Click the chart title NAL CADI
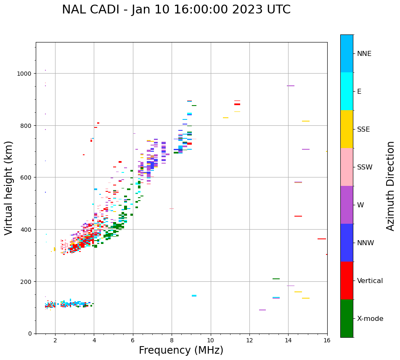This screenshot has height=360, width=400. coord(176,10)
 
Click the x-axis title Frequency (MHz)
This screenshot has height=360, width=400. coord(181,350)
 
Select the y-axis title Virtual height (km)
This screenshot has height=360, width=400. coord(9,188)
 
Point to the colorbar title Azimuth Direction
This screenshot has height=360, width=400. coord(391,186)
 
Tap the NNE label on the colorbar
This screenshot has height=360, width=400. coord(364,53)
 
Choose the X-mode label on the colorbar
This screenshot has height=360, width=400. coord(370,318)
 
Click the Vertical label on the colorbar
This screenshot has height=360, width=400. coord(370,281)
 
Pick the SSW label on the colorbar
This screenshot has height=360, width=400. coord(365,167)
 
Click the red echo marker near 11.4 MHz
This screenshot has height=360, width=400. coord(237,104)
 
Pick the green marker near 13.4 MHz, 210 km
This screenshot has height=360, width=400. coord(276,279)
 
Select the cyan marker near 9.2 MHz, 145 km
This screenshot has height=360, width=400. coord(194,296)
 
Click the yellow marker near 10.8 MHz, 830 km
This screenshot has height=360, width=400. coord(225,118)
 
